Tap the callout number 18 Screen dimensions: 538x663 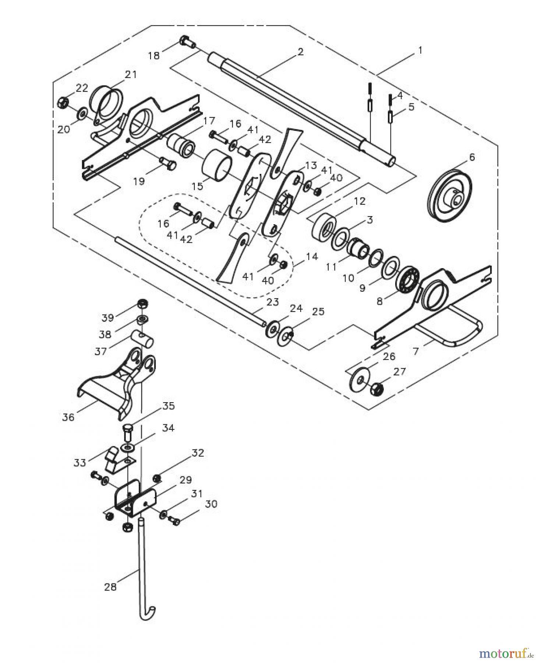(x=154, y=56)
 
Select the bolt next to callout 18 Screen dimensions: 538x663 (x=187, y=43)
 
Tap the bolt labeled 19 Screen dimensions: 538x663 (x=168, y=163)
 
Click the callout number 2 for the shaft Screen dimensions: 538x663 (x=301, y=52)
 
